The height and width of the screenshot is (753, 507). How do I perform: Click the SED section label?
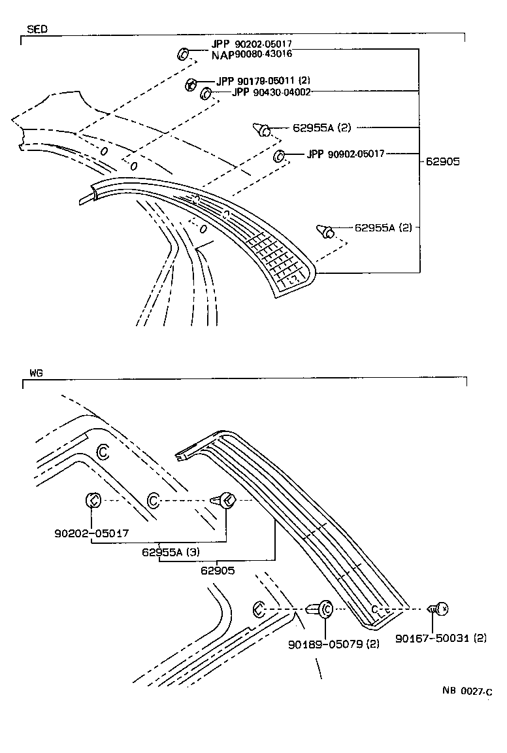[x=37, y=29]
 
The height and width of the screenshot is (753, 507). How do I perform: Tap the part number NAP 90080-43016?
[x=252, y=54]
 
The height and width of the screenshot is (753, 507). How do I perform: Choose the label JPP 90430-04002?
[x=270, y=92]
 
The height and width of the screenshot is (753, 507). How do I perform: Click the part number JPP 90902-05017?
[x=345, y=154]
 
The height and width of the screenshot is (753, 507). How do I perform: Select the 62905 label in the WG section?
[x=218, y=570]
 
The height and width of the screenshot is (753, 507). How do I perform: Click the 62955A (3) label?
[x=171, y=552]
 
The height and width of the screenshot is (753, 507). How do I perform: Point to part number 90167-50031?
[x=441, y=638]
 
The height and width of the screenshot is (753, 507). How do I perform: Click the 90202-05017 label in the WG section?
[x=91, y=533]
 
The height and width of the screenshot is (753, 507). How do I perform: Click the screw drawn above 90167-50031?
[x=438, y=609]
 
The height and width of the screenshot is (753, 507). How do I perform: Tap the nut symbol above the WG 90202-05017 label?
[x=92, y=501]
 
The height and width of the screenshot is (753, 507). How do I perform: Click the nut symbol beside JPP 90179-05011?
[x=191, y=83]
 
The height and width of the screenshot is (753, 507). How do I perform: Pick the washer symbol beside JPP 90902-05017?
[x=278, y=155]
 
